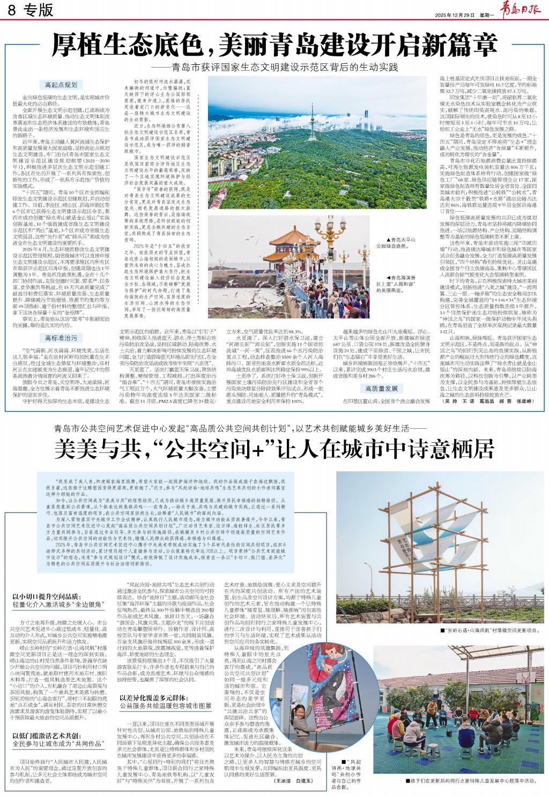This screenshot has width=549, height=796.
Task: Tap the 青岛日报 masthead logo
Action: (520, 11)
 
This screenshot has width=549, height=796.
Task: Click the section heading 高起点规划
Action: (61, 85)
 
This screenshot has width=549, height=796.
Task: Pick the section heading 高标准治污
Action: (61, 338)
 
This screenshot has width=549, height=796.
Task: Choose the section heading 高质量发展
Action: (381, 388)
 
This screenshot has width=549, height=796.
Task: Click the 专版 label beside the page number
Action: (39, 10)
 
